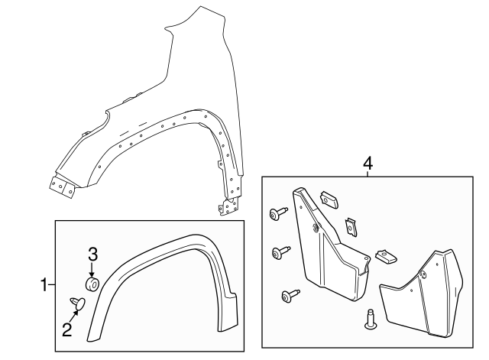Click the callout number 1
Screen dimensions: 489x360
pyautogui.click(x=44, y=284)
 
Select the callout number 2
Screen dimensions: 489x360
pyautogui.click(x=67, y=330)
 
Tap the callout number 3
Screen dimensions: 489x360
pyautogui.click(x=92, y=254)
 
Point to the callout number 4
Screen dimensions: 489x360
pyautogui.click(x=368, y=163)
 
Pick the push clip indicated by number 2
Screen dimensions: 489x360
pyautogui.click(x=77, y=304)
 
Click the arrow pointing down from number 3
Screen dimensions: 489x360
pyautogui.click(x=92, y=269)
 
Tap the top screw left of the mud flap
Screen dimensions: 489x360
pyautogui.click(x=278, y=213)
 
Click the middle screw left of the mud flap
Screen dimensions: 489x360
pyautogui.click(x=281, y=252)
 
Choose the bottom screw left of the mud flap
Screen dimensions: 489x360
pyautogui.click(x=290, y=296)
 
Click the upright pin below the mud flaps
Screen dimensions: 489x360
pyautogui.click(x=370, y=319)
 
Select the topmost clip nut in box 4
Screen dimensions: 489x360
pyautogui.click(x=329, y=199)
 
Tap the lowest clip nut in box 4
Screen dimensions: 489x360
pyautogui.click(x=385, y=256)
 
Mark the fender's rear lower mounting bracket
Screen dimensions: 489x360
pyautogui.click(x=229, y=206)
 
